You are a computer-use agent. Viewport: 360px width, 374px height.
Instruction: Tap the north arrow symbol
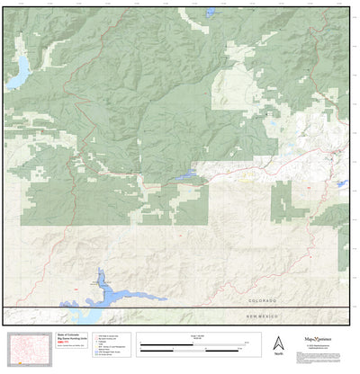[x=279, y=343]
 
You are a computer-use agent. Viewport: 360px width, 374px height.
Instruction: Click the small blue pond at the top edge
[x=210, y=13]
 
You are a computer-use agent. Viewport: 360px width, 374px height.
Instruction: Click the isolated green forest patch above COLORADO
[x=283, y=202]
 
